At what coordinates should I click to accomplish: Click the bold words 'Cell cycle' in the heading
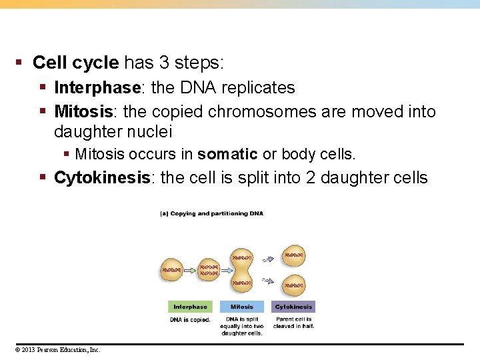(x=75, y=63)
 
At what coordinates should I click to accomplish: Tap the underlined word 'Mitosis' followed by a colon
(x=83, y=111)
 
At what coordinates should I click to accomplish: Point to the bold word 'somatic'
(x=227, y=155)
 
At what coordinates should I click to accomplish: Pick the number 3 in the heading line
(x=164, y=63)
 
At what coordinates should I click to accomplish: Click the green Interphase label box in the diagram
(x=190, y=307)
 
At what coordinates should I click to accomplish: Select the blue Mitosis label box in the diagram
(x=241, y=307)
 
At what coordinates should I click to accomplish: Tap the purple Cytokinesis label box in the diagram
(x=293, y=307)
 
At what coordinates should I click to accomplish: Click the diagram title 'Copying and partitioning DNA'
(x=212, y=213)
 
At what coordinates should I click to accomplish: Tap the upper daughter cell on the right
(x=294, y=255)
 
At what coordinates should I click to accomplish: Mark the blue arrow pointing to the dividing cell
(x=225, y=270)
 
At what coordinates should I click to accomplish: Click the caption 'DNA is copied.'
(x=190, y=320)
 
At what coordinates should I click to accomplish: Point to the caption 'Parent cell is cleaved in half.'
(x=293, y=323)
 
